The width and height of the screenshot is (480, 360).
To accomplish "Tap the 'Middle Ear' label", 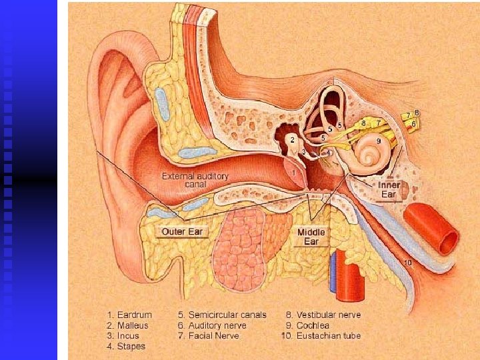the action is tap(312, 237).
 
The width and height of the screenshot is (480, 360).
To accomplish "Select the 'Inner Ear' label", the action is tap(388, 189).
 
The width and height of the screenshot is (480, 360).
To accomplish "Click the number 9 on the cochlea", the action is tap(379, 141).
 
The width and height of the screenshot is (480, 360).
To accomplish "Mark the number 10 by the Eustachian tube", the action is tap(407, 263).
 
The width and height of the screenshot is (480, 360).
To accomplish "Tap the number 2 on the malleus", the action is tap(293, 139).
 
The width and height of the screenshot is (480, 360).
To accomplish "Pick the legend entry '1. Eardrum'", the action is tap(130, 315).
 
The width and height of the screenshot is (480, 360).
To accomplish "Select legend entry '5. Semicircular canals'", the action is tap(222, 315).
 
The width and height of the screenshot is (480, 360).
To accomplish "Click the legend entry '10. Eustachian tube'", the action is tap(321, 336).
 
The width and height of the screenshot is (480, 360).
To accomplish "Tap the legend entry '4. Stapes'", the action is tap(127, 346).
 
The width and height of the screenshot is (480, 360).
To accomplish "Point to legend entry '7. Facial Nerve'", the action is tap(209, 336).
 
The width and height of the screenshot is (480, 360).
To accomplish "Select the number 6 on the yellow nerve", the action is tap(414, 123).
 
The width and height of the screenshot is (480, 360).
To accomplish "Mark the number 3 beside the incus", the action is tap(304, 152).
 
